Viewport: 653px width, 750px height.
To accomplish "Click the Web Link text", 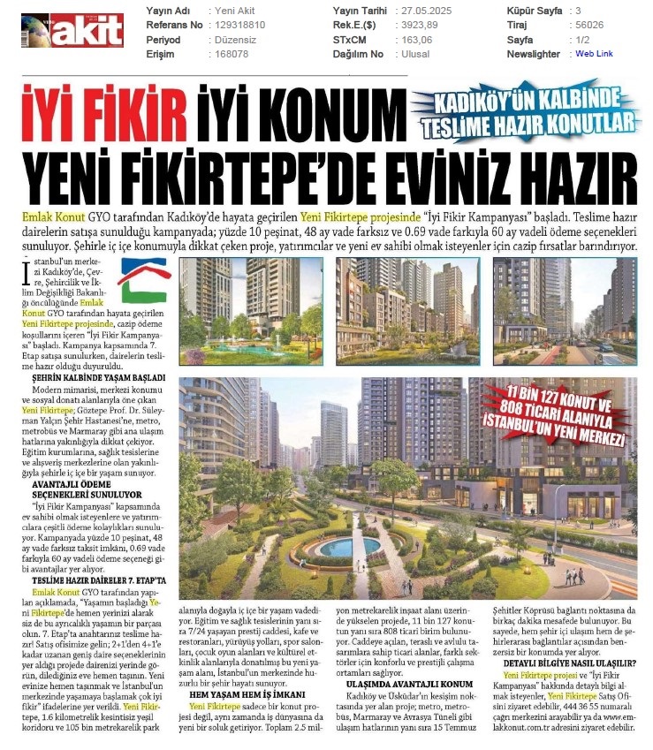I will (x=594, y=54).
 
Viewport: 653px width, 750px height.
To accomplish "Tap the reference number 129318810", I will (x=247, y=26).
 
